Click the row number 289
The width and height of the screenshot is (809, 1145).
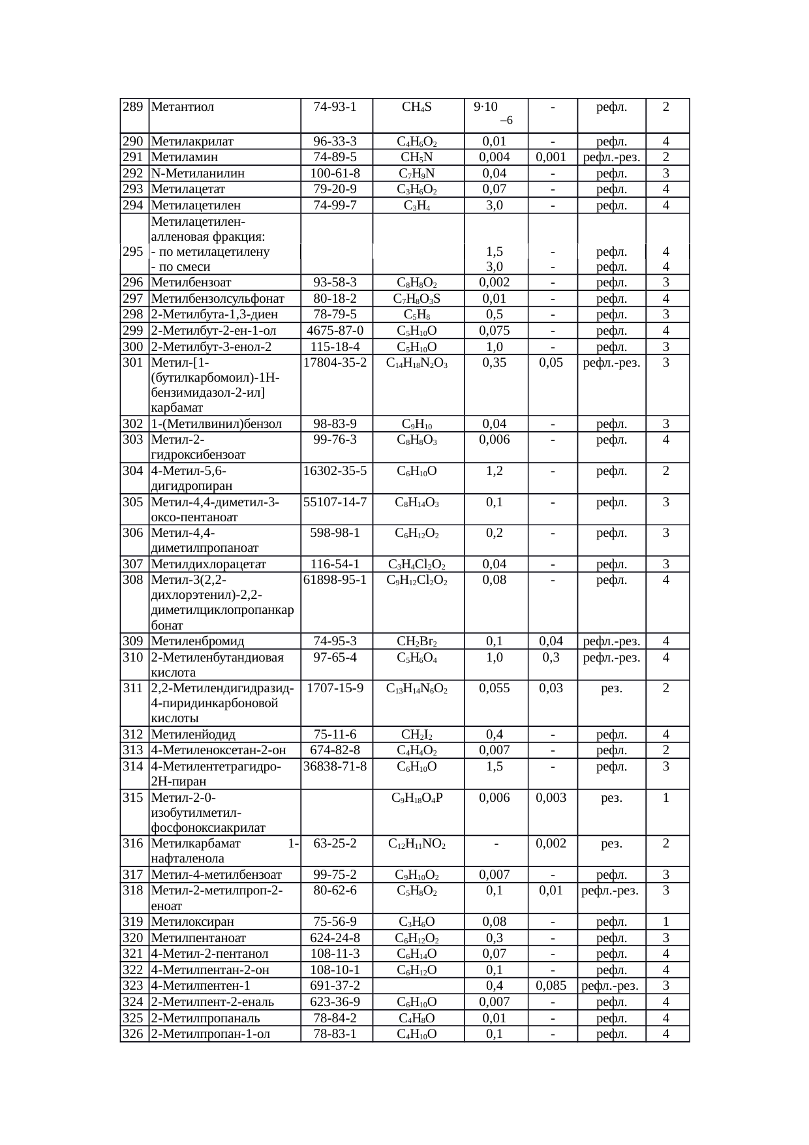tap(134, 107)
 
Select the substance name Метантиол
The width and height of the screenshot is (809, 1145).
tap(183, 107)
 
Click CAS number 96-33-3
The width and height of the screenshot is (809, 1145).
tap(335, 141)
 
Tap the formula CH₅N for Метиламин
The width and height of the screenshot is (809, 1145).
tap(417, 157)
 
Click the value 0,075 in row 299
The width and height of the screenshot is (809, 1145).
tap(495, 330)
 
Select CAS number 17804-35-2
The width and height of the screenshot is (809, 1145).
tap(335, 362)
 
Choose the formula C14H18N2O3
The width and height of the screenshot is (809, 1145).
tap(417, 363)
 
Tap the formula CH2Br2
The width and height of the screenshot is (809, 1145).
tap(417, 641)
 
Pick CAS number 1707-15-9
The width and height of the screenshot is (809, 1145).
tap(335, 688)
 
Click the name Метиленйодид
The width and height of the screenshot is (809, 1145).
tap(192, 735)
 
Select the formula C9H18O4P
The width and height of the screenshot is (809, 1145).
tap(417, 797)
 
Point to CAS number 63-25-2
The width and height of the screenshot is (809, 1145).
tap(335, 844)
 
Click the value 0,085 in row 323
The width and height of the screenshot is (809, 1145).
tap(551, 985)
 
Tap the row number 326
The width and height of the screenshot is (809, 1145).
tap(134, 1033)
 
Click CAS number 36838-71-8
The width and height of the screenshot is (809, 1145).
tap(335, 766)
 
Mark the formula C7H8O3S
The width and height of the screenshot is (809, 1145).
tap(417, 299)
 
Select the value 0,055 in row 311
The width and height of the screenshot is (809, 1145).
tap(495, 688)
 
